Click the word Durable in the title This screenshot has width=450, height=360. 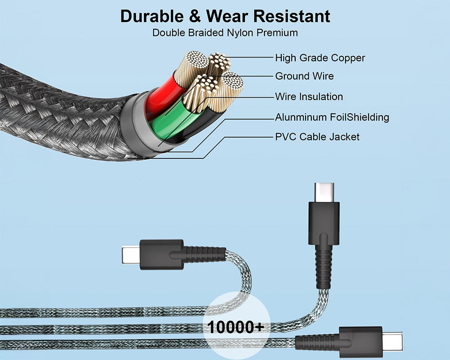pos(152,16)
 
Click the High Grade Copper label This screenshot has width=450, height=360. pos(320,58)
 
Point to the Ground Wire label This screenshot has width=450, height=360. pos(305,76)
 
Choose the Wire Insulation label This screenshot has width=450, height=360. pos(309,96)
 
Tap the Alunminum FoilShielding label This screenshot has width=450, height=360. pos(332,117)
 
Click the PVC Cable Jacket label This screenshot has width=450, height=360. pos(317,137)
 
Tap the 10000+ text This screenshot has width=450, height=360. pos(235,327)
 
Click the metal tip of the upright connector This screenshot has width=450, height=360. pos(324,192)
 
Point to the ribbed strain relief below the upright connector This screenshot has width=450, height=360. pos(324,268)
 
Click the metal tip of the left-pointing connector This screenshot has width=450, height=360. pos(131,254)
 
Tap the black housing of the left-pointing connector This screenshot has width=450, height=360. pos(162,255)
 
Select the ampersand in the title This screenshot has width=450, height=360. pos(195,16)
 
